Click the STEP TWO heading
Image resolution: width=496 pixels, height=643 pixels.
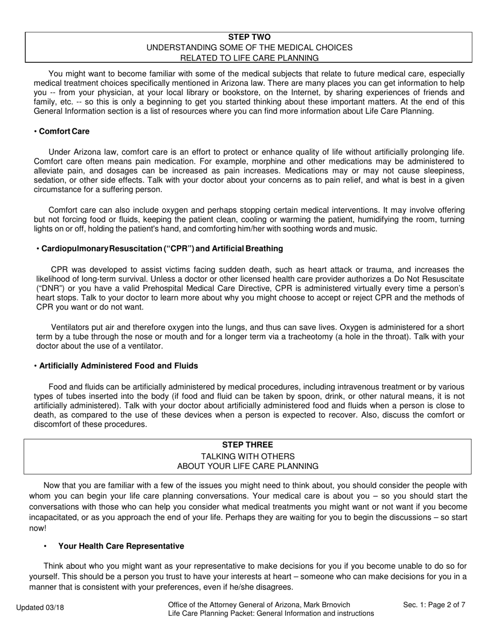tap(249, 37)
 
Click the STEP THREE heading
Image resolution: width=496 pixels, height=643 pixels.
tap(247, 445)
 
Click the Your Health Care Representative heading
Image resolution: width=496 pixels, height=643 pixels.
tap(121, 546)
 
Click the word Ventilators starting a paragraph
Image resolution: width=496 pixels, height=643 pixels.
tap(70, 327)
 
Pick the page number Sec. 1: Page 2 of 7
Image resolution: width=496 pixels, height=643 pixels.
tap(434, 605)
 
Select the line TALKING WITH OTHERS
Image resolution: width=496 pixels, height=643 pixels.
tap(247, 456)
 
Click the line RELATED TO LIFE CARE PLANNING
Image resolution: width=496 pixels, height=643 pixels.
tap(249, 58)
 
